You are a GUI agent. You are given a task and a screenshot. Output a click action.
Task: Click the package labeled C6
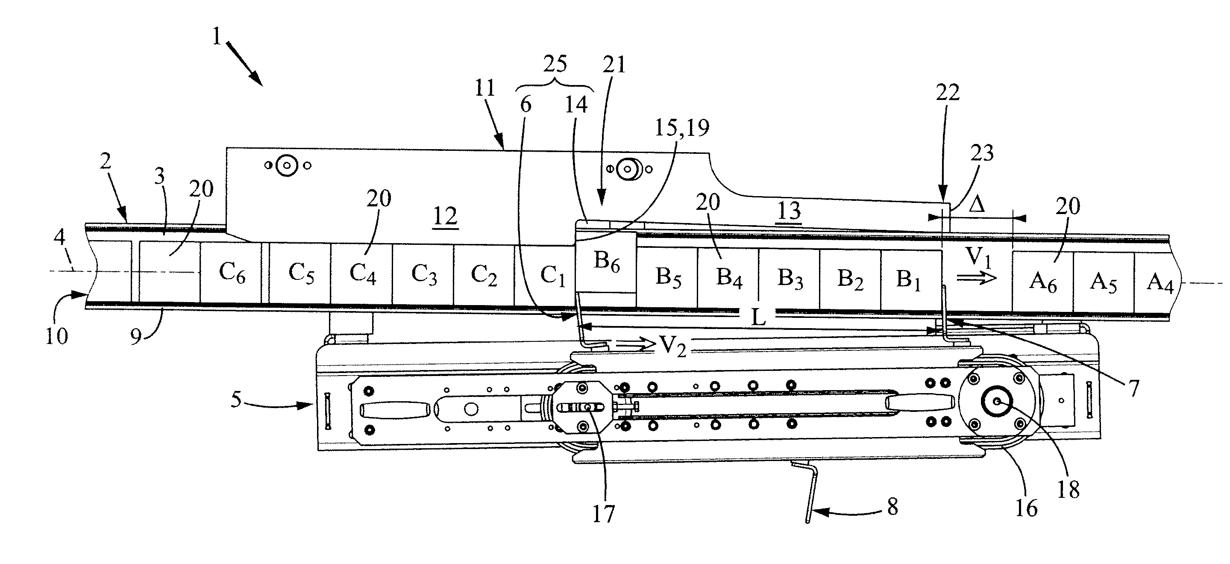pyautogui.click(x=232, y=273)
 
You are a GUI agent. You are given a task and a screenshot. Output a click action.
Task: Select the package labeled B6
pyautogui.click(x=606, y=262)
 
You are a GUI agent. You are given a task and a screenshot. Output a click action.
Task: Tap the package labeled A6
pyautogui.click(x=1043, y=281)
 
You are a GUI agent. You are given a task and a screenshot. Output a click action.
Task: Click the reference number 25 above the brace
pyautogui.click(x=555, y=64)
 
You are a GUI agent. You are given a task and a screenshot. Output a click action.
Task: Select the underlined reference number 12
pyautogui.click(x=445, y=217)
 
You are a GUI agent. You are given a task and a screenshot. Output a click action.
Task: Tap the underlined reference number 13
pyautogui.click(x=789, y=211)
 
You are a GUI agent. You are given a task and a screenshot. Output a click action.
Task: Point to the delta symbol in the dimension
pyautogui.click(x=978, y=205)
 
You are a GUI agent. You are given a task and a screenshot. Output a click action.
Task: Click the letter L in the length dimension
pyautogui.click(x=758, y=317)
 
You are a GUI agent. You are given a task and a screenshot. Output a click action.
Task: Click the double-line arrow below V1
pyautogui.click(x=976, y=278)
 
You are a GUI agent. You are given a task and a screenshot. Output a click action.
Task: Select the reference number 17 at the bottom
pyautogui.click(x=604, y=514)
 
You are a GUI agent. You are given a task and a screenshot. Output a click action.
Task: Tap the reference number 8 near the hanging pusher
pyautogui.click(x=892, y=507)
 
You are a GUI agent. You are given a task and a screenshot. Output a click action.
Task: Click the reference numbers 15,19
pyautogui.click(x=681, y=128)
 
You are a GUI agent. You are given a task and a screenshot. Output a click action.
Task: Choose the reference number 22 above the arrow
pyautogui.click(x=947, y=93)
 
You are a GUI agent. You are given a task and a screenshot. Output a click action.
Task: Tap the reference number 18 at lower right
pyautogui.click(x=1069, y=489)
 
